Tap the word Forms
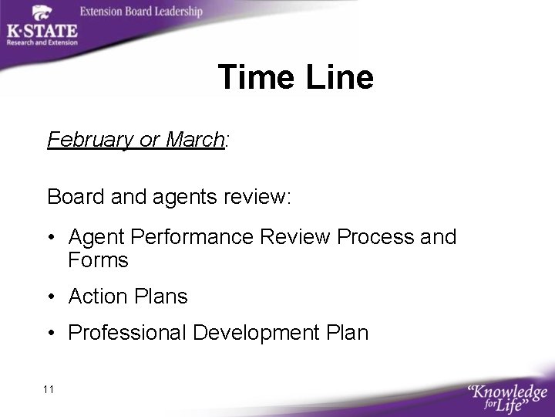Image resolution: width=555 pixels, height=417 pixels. click(x=98, y=261)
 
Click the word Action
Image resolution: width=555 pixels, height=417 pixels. click(x=96, y=296)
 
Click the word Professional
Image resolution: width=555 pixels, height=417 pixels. click(x=128, y=333)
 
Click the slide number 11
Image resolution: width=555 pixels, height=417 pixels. click(x=49, y=389)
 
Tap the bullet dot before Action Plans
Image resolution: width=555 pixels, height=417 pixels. click(x=51, y=297)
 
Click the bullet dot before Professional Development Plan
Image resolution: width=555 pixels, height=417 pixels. click(x=51, y=334)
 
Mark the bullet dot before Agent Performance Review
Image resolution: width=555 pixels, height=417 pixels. click(x=51, y=237)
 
